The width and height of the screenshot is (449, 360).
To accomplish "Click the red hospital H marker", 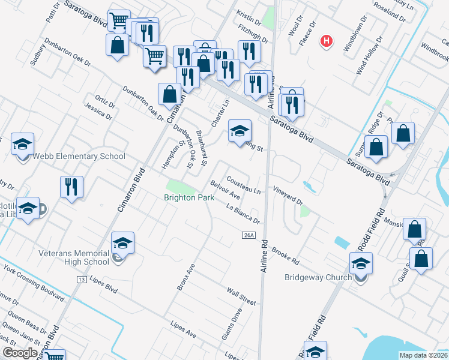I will (x=327, y=41).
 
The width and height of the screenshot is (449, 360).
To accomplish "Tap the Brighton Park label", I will (x=190, y=197).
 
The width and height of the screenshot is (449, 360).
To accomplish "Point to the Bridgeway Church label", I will (x=318, y=278).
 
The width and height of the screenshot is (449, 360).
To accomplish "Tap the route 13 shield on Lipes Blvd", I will (x=81, y=280).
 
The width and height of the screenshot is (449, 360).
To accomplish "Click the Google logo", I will (x=20, y=352).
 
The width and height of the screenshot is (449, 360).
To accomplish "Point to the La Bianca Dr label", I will (x=243, y=213).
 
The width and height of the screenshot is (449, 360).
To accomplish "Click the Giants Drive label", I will (x=231, y=325).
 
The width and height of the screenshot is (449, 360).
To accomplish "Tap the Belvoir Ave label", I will (x=225, y=191).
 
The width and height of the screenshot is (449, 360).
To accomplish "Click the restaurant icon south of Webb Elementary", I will (x=71, y=187).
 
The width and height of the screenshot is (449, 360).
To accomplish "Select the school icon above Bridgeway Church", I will (x=361, y=263).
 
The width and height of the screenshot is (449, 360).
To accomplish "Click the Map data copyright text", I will (x=423, y=355).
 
